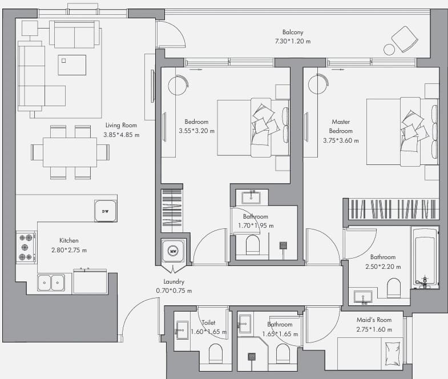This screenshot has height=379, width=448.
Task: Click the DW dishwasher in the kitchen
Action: point(106,211)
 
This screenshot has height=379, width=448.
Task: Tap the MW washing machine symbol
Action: point(173,251)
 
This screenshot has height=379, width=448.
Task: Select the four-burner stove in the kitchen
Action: point(26,248)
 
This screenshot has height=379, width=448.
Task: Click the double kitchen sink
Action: point(51,283)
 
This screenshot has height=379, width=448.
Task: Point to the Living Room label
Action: point(121,125)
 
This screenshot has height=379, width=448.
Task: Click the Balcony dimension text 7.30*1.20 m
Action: point(293,41)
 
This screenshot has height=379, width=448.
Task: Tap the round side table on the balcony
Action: point(389,50)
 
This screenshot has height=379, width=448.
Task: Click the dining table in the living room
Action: point(70,152)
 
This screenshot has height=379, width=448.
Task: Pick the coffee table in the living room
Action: point(72,65)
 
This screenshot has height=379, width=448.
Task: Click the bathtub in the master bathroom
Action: point(425,258)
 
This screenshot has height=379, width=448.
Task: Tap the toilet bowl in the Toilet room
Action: point(215,353)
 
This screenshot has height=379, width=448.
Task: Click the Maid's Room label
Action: point(374,320)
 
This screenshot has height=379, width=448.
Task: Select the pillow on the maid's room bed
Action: point(393,354)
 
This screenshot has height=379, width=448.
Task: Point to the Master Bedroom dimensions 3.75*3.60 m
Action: point(341,140)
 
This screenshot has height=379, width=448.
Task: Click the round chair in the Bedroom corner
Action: point(178,85)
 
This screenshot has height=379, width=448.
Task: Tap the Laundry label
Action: point(173,281)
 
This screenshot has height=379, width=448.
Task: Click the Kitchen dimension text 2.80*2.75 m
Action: point(69,250)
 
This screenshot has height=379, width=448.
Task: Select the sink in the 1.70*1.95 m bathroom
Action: point(251,197)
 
